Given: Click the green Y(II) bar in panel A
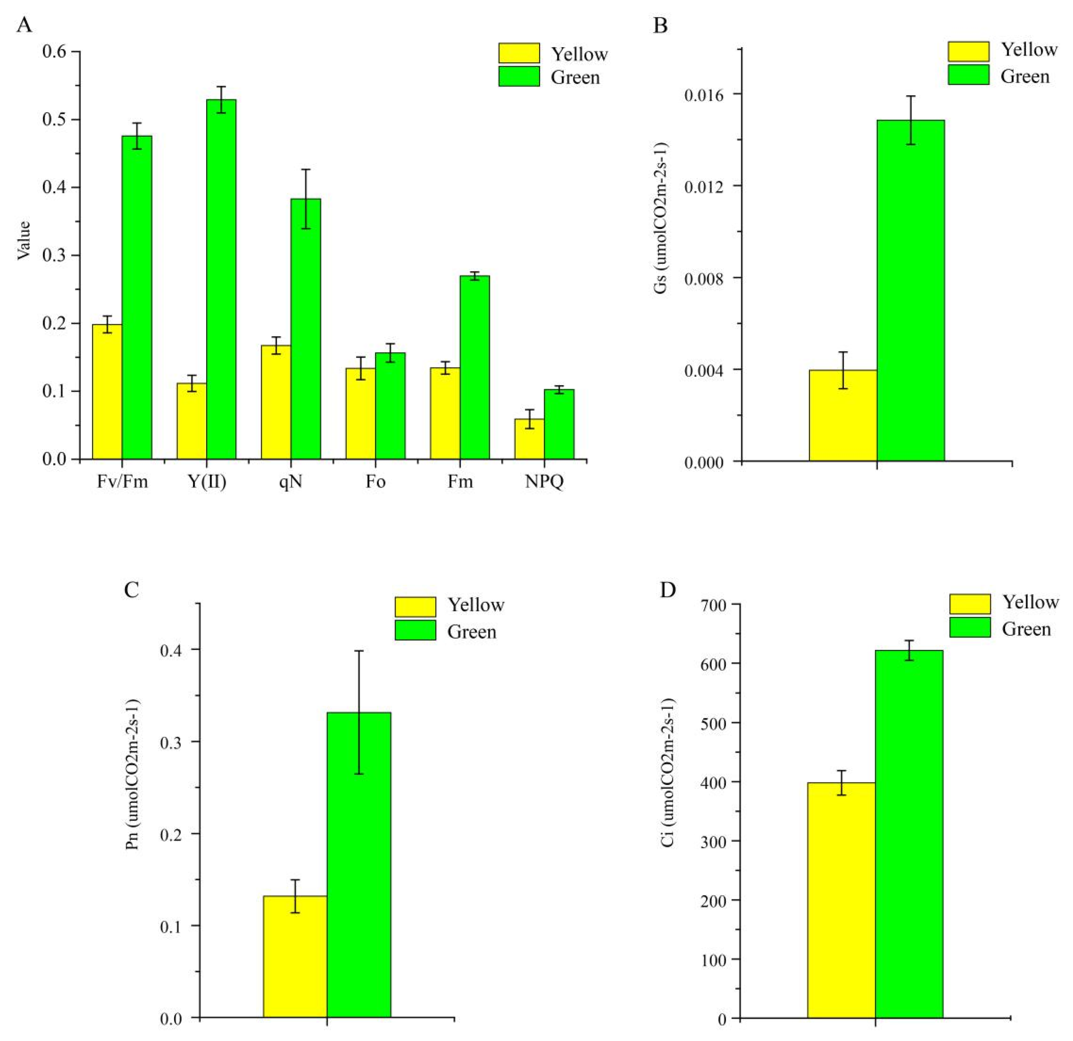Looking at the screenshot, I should tap(221, 279).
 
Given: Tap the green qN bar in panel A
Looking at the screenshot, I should tap(306, 328).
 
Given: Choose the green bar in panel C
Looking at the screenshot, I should tap(359, 864).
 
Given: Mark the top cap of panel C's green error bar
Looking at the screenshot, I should tap(359, 651).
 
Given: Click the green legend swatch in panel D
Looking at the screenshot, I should tap(969, 627).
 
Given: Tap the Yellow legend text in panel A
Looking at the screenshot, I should tap(579, 54).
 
